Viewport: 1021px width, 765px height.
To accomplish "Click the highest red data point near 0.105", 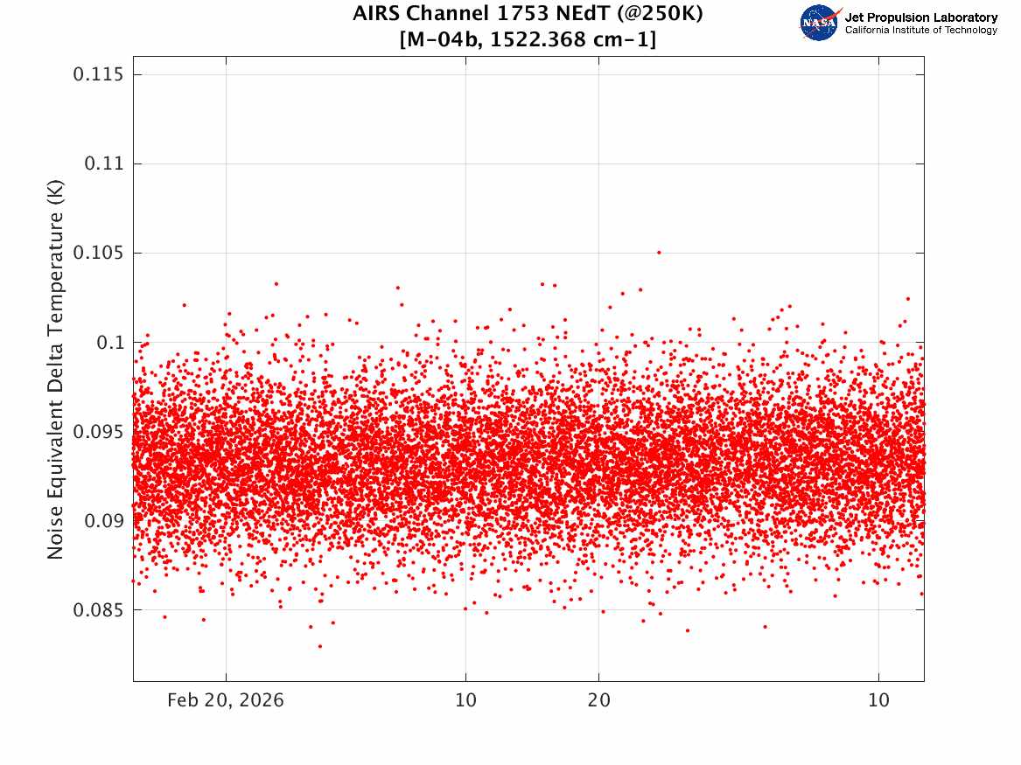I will [x=659, y=252].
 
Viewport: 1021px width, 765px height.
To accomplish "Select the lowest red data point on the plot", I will [x=320, y=646].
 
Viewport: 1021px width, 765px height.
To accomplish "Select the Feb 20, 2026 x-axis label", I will [x=226, y=700].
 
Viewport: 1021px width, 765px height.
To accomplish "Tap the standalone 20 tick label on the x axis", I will [x=598, y=700].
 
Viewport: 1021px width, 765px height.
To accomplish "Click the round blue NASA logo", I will [x=819, y=23].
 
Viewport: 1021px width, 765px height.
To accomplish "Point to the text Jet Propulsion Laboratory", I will [x=920, y=17].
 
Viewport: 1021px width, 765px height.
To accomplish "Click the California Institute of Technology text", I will [x=920, y=31].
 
